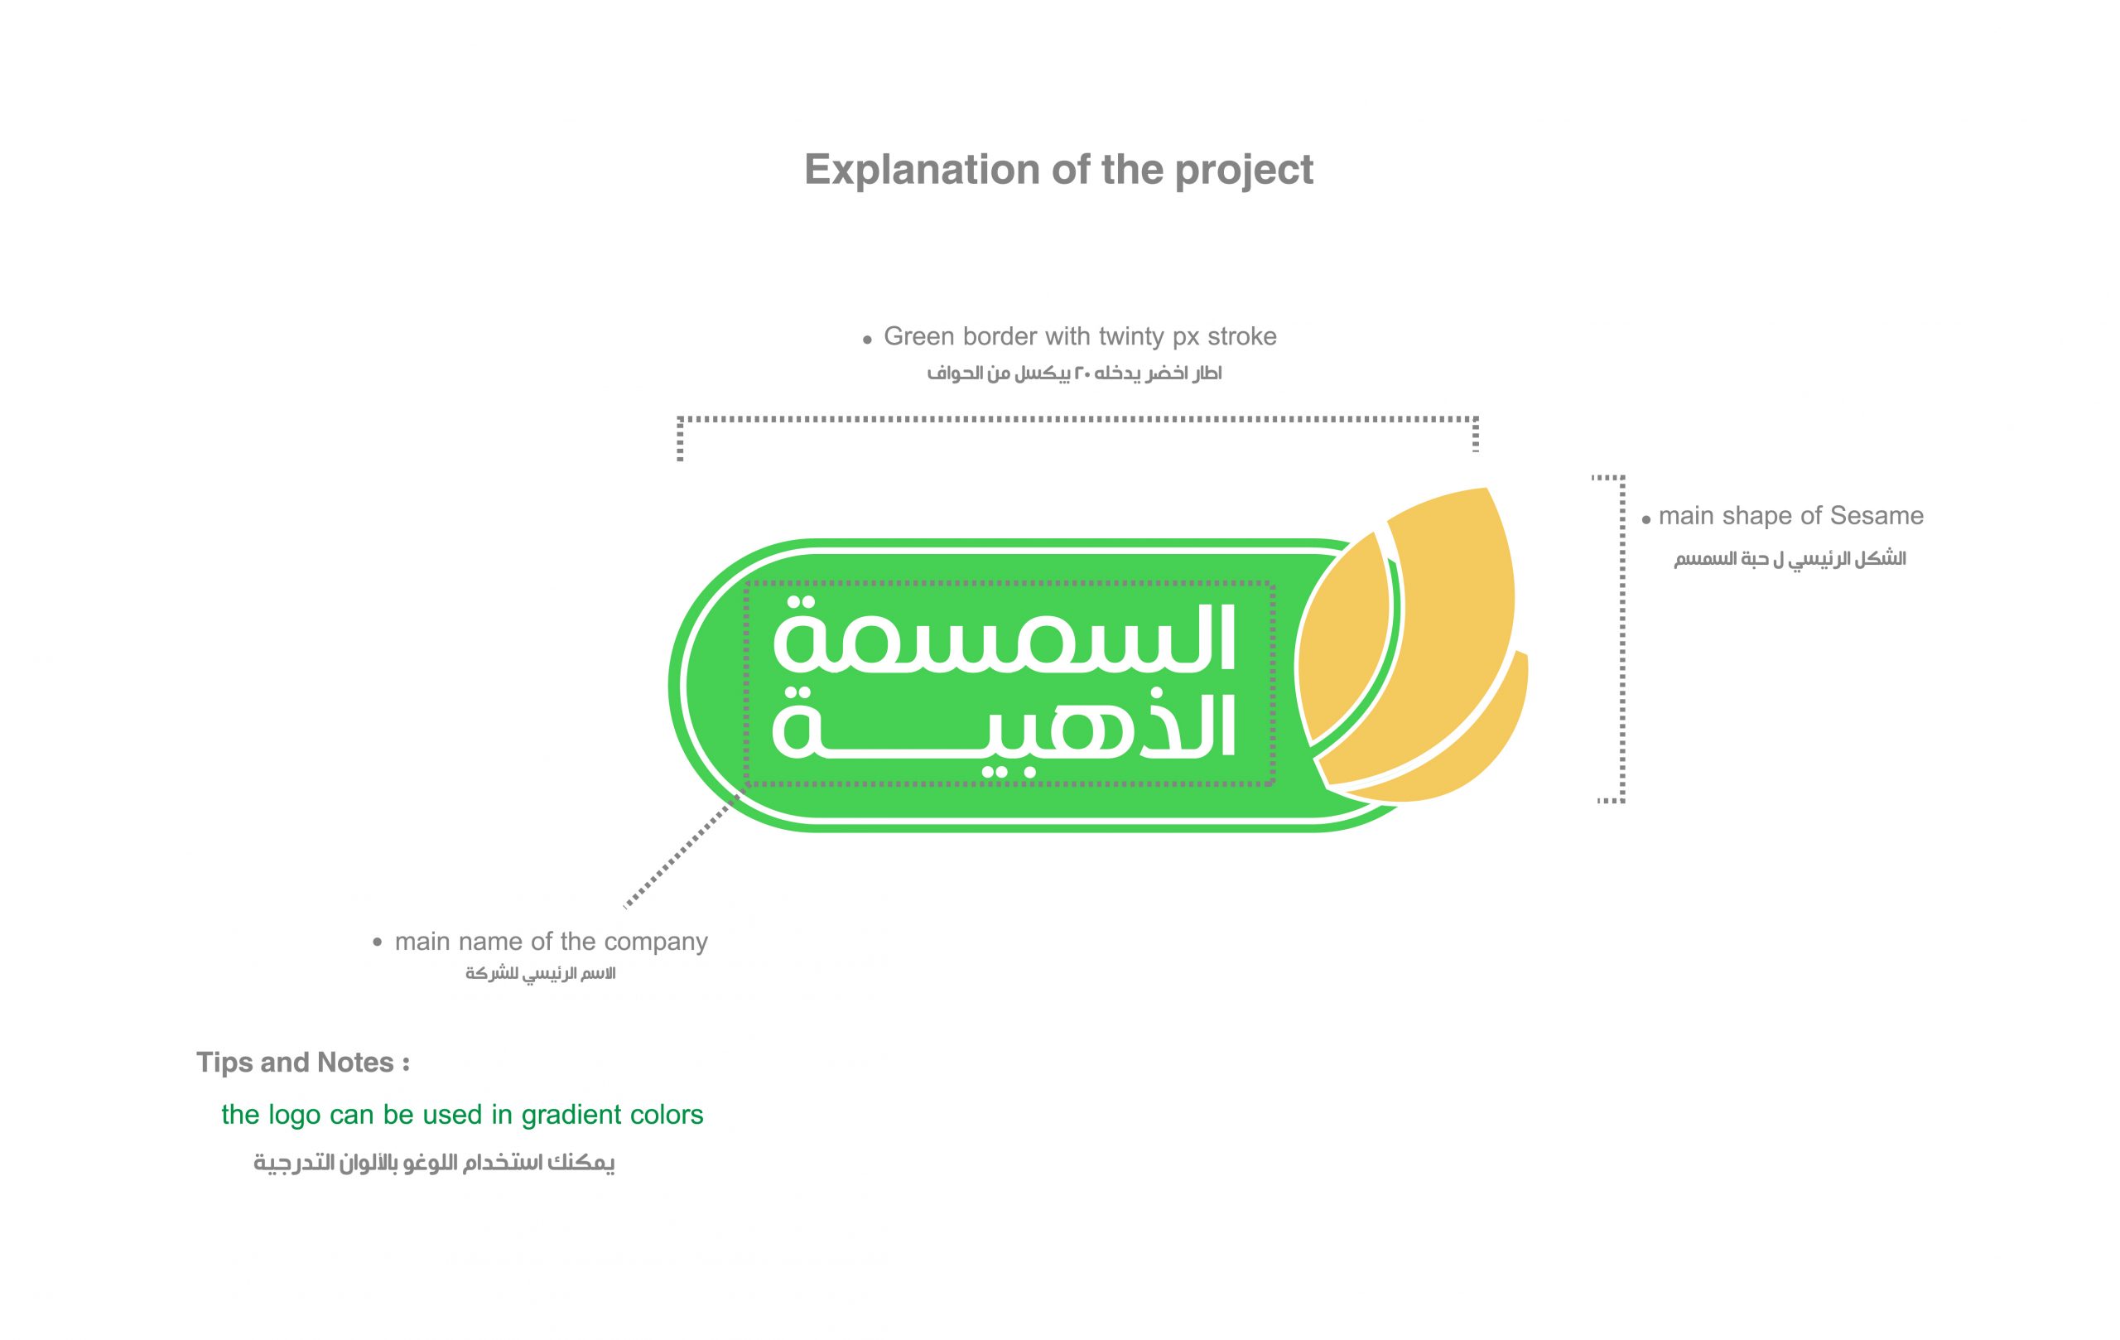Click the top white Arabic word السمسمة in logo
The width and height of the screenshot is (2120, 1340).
1005,637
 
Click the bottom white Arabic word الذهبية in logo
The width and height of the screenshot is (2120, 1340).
1005,729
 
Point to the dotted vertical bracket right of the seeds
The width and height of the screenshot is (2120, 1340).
1621,639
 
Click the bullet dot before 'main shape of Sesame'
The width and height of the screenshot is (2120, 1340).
1645,520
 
